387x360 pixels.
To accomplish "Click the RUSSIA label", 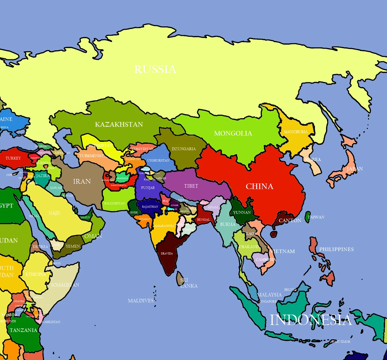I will click(155, 69).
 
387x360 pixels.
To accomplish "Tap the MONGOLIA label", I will click(233, 133).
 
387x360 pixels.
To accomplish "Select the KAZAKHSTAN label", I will click(119, 124).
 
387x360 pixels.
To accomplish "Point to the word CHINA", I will click(259, 186).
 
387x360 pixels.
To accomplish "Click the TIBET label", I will click(191, 186).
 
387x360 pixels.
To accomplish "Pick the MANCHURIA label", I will click(295, 132).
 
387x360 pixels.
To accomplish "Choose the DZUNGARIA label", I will click(184, 149).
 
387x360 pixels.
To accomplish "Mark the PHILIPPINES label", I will click(336, 249).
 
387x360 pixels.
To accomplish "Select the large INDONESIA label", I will click(310, 320).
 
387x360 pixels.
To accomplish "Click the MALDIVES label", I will click(141, 301).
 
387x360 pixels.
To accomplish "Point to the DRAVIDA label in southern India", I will click(167, 254).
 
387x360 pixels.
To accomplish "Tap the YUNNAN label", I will click(242, 212).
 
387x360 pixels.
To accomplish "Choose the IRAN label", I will click(82, 181).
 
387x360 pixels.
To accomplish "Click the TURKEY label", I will click(13, 158).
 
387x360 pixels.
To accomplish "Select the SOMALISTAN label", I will click(65, 285).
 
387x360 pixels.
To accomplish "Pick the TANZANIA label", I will click(24, 330).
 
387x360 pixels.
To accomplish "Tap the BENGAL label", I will click(203, 220).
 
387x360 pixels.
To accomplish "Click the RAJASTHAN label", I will click(150, 207).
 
